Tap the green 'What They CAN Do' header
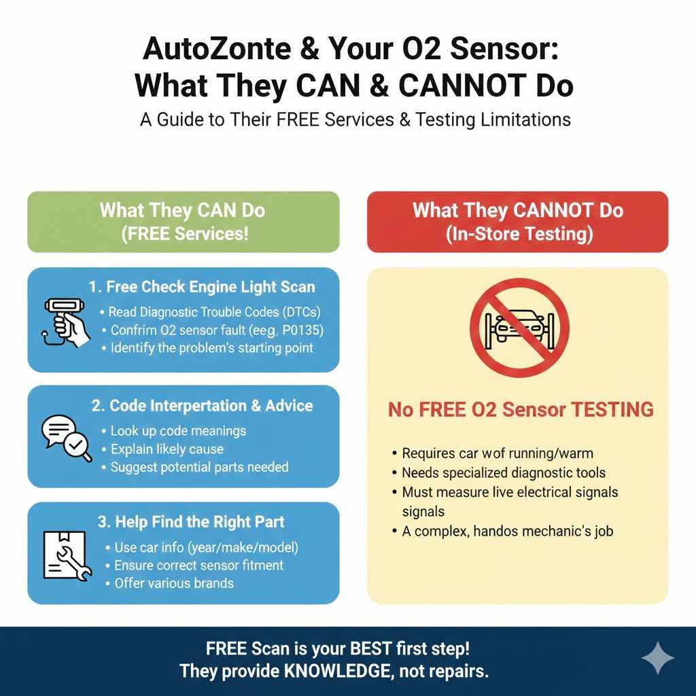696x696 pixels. pyautogui.click(x=184, y=221)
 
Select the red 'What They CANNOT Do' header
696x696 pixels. pyautogui.click(x=517, y=221)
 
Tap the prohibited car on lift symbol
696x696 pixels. pyautogui.click(x=519, y=326)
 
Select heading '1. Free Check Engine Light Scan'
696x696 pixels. pyautogui.click(x=201, y=287)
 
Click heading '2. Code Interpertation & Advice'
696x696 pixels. pyautogui.click(x=201, y=406)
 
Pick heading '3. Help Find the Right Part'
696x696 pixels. pyautogui.click(x=191, y=522)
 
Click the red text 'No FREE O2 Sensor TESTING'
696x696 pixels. pyautogui.click(x=521, y=410)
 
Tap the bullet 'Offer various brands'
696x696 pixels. pyautogui.click(x=174, y=583)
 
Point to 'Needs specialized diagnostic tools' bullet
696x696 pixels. pyautogui.click(x=504, y=472)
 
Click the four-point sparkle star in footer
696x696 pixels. pyautogui.click(x=658, y=658)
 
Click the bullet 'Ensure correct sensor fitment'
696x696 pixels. pyautogui.click(x=198, y=565)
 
